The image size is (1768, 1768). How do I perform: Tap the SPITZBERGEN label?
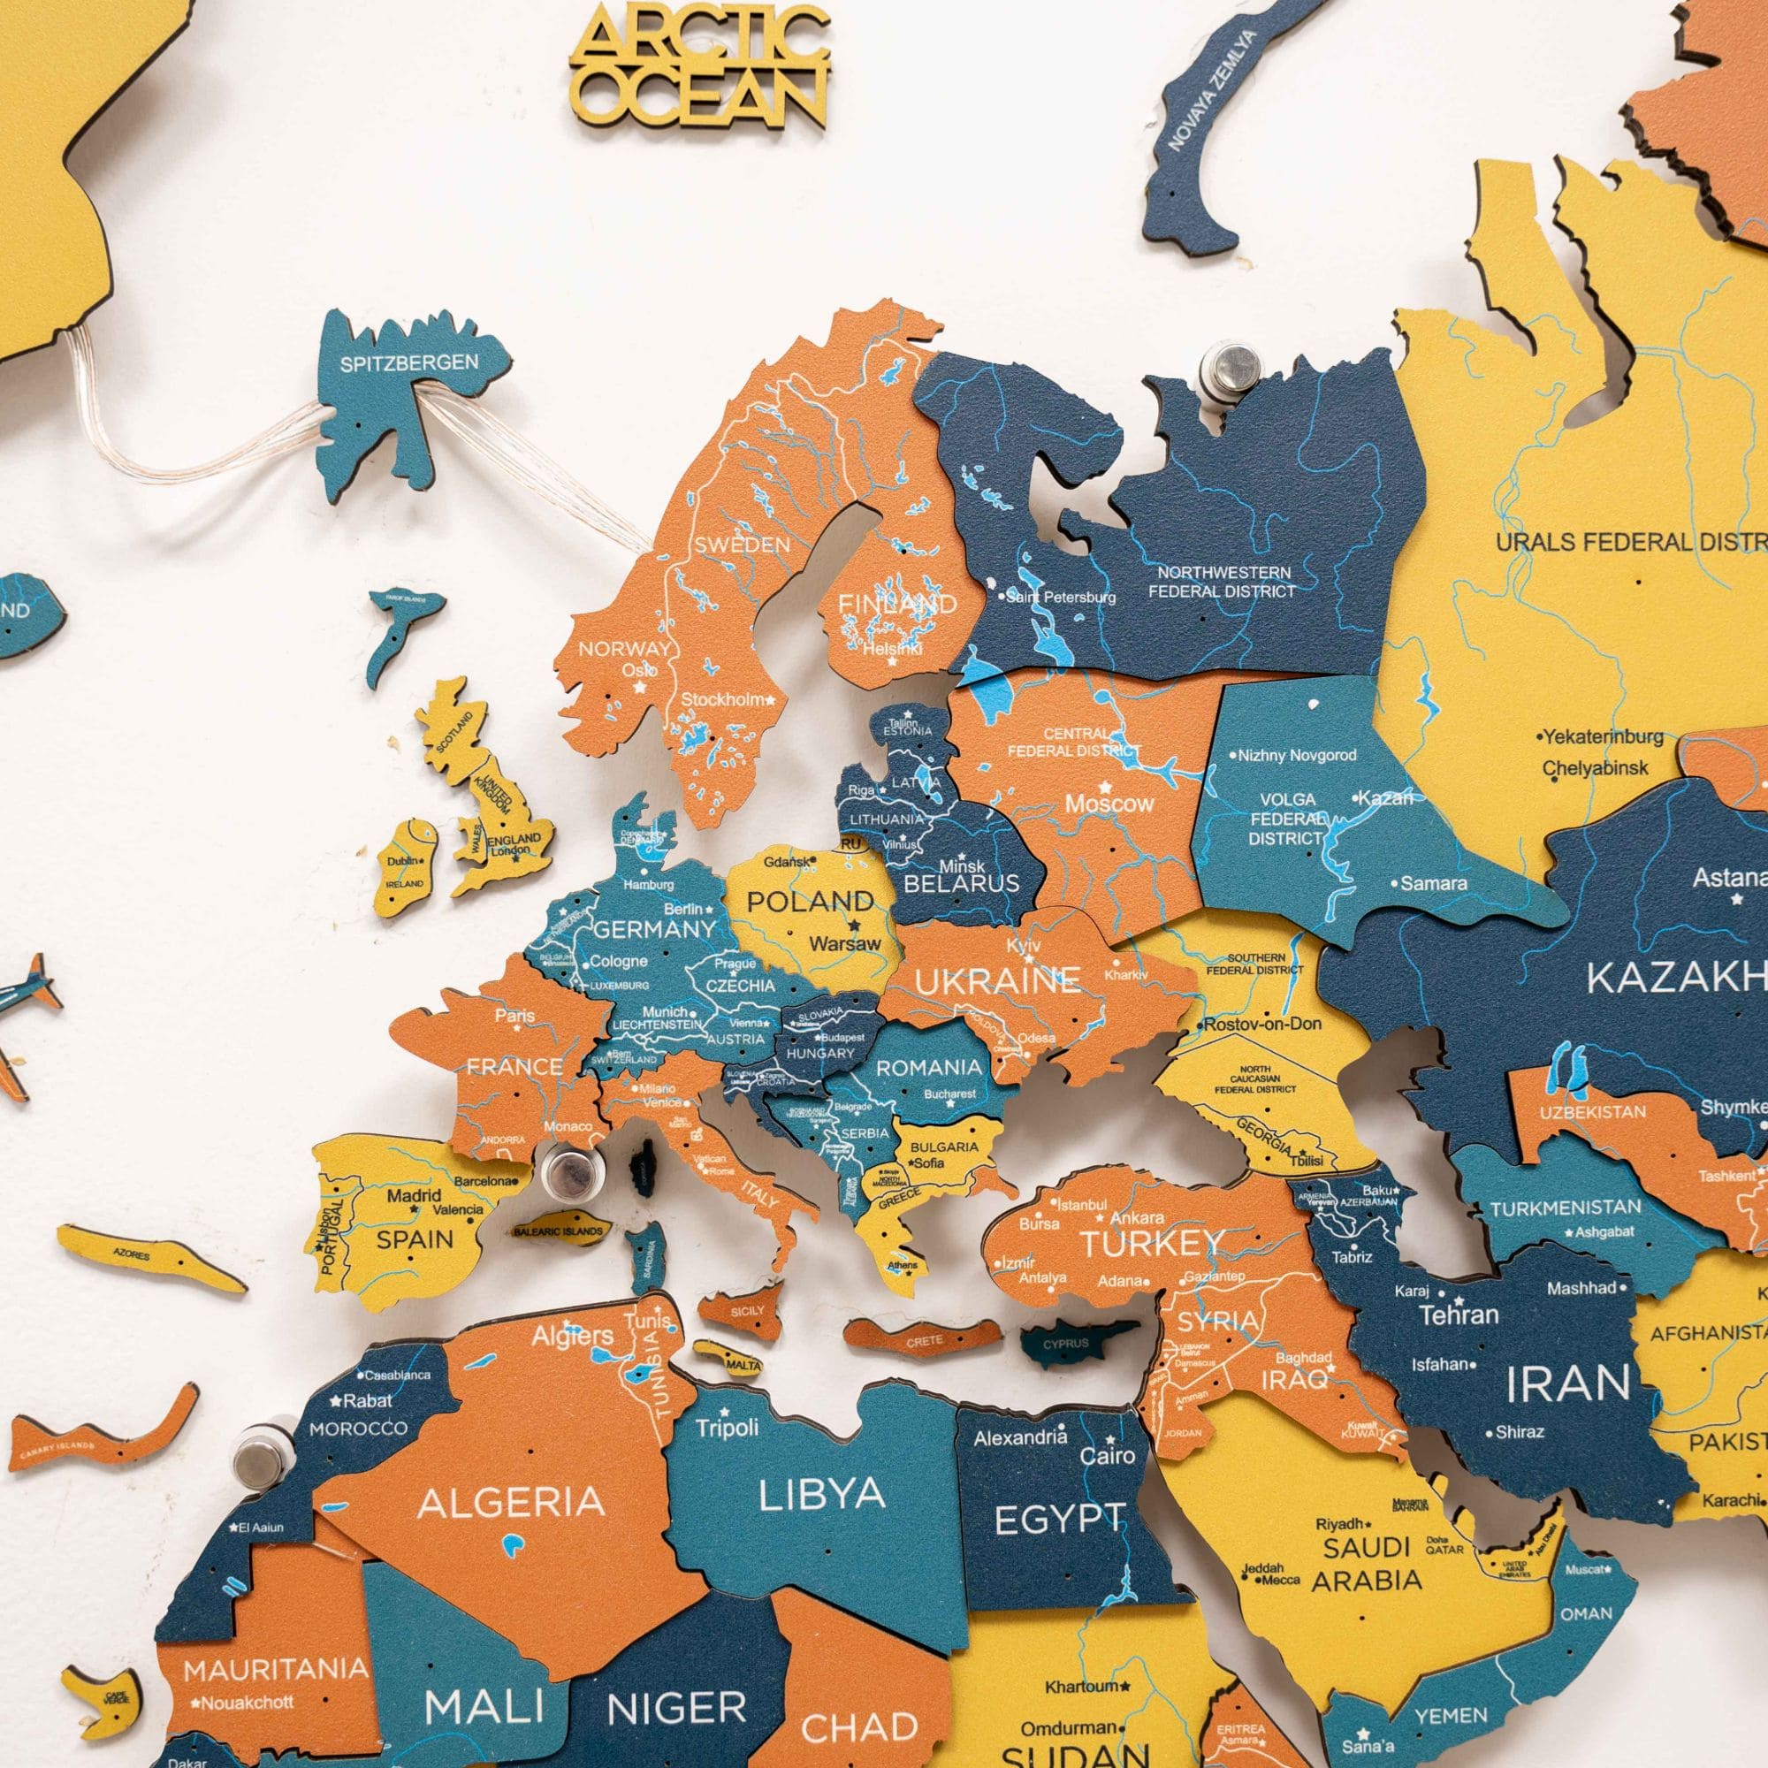coord(409,363)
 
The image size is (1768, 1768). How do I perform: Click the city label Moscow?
coord(1109,804)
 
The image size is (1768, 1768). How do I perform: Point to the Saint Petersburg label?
coord(1060,598)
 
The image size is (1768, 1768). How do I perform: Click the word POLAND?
coord(810,902)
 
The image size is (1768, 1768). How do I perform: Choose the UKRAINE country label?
coord(997,982)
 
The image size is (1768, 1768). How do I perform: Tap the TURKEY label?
coord(1152,1244)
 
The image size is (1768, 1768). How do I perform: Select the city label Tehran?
coord(1459,1315)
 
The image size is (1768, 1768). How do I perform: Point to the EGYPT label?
coord(1059,1520)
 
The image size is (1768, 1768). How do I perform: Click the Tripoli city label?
coord(727,1428)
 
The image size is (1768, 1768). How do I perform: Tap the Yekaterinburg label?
coord(1603,735)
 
